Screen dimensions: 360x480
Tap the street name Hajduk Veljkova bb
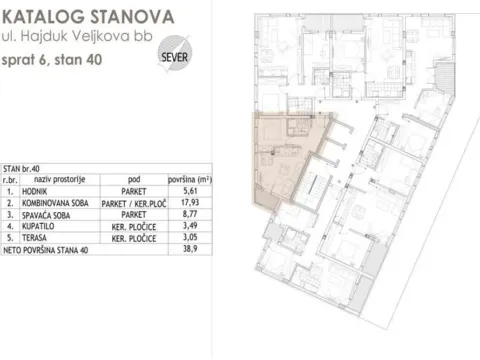click(82, 40)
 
